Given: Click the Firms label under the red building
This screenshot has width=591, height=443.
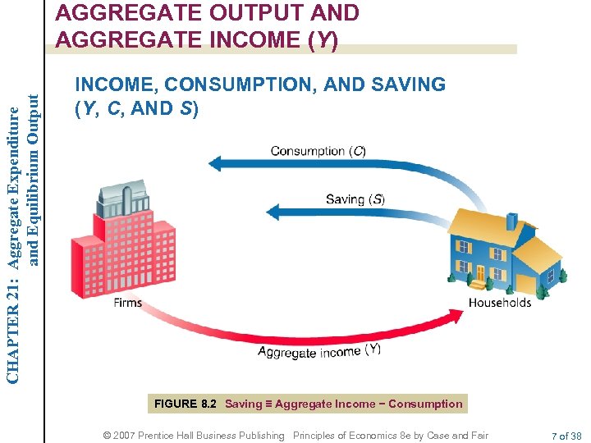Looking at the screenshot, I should (127, 303).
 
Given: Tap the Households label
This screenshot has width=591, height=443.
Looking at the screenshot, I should (499, 303).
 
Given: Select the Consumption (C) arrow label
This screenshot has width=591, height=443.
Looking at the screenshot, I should (318, 151).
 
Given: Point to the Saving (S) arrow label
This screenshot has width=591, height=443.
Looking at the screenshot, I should (355, 199).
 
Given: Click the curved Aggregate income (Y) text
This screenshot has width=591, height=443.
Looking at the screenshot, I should (319, 351).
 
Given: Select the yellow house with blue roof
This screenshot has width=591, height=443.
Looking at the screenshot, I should (501, 250).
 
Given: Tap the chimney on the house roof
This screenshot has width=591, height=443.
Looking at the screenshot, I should (511, 221).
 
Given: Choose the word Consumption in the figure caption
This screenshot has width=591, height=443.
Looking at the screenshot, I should (425, 404).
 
